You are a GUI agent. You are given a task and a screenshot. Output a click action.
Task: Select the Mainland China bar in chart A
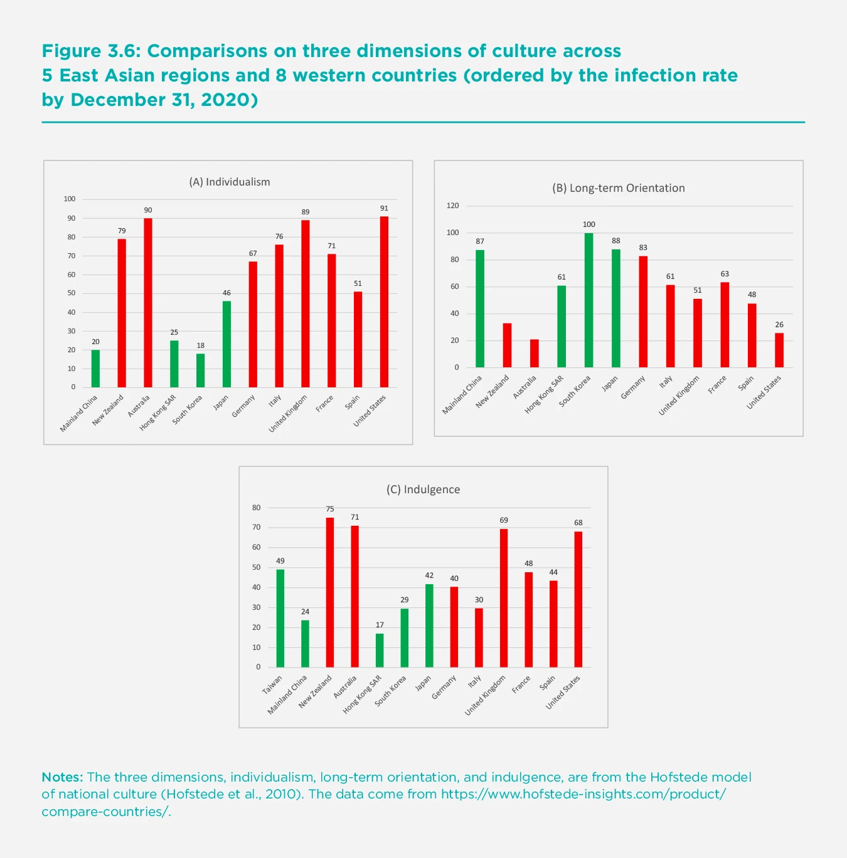pos(95,369)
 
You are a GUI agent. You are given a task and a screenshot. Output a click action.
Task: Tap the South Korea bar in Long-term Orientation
pos(589,300)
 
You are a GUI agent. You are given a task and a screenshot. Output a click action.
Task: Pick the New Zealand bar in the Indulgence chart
pos(330,592)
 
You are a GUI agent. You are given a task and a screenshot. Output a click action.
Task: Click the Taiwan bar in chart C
pos(280,618)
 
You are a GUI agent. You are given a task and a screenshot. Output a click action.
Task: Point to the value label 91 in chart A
pos(384,209)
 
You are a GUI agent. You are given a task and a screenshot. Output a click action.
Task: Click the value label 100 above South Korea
pos(589,224)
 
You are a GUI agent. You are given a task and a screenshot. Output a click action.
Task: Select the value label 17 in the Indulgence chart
pos(380,625)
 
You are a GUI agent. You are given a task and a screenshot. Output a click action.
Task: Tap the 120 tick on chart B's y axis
pos(453,206)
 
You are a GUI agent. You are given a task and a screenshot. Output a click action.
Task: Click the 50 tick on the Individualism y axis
pos(72,293)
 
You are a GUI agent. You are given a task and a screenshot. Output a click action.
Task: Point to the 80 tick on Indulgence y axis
pos(257,508)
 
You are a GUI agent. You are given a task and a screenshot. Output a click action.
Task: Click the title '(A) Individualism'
pos(230,182)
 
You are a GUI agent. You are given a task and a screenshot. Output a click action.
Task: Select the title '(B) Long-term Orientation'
pos(618,188)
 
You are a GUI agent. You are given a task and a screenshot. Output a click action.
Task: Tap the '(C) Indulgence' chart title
pos(423,489)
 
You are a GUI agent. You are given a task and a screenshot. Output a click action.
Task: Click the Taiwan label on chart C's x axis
pos(272,685)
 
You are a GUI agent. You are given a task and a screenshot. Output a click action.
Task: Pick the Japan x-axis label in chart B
pos(610,384)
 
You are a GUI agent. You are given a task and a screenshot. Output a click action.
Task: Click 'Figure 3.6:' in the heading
pos(90,51)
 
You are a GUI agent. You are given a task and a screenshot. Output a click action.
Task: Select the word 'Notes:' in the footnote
pos(62,777)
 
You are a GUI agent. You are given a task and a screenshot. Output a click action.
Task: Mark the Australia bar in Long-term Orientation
pos(534,353)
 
